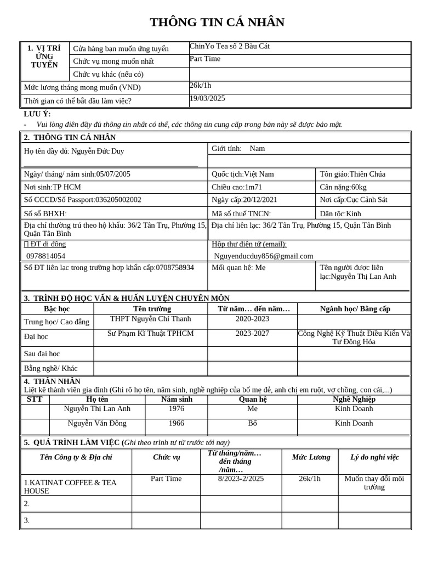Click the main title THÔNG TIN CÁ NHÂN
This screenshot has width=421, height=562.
pos(217,23)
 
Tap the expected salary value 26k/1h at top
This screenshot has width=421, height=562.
pos(200,85)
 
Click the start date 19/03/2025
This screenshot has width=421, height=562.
pos(207,98)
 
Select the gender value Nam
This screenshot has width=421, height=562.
pos(257,148)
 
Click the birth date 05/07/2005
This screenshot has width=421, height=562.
pos(113,174)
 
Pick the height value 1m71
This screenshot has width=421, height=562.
pos(253,187)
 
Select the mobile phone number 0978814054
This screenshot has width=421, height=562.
pos(45,256)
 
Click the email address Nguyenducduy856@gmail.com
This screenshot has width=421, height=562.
pos(264,256)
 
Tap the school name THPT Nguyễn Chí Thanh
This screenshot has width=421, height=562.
pos(150,319)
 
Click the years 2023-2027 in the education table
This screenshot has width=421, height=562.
pos(252,333)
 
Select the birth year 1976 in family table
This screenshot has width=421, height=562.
pos(177,408)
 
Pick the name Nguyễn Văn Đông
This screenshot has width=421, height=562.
pos(97,423)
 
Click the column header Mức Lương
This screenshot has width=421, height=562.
pos(311,457)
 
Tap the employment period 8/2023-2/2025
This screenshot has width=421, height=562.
pos(241,479)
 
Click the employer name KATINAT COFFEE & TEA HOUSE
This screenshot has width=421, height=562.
pos(70,487)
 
